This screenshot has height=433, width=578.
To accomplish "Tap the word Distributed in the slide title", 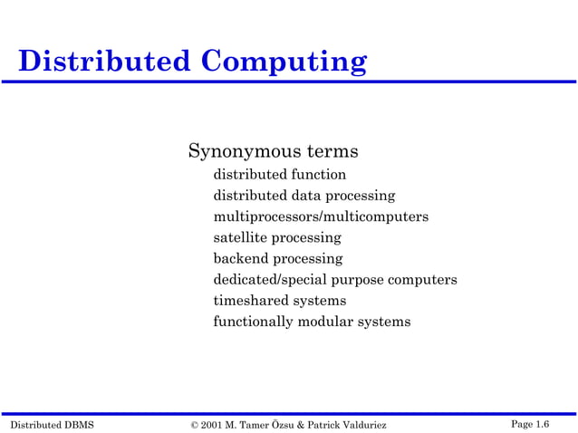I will (104, 62).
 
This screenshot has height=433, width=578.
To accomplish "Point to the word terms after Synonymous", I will (329, 150).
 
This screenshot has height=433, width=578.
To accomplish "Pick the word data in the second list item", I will (306, 196).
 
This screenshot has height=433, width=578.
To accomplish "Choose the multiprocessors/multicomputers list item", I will (321, 216).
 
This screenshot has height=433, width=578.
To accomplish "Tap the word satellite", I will (240, 237).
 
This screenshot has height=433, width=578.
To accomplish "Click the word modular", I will (324, 322).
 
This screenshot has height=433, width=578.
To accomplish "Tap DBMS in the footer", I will (79, 424).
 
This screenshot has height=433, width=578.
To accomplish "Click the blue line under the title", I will (288, 82).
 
